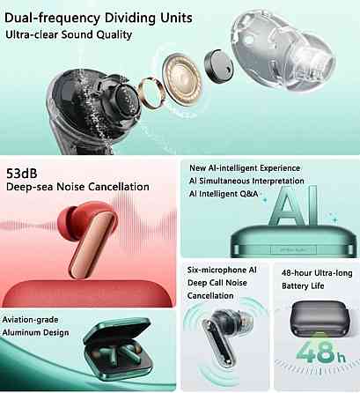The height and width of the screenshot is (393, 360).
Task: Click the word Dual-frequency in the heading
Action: click(52, 19)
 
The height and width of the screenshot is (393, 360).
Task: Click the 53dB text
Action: click(22, 174)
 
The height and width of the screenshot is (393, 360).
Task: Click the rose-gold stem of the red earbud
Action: click(91, 245)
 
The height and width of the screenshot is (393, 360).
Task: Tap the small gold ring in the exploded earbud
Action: click(150, 93)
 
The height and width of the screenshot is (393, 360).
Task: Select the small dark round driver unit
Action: click(218, 65)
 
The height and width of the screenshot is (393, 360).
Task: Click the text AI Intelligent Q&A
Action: click(224, 194)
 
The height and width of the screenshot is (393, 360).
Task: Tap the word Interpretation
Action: click(278, 181)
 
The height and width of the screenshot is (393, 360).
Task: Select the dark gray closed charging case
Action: click(318, 318)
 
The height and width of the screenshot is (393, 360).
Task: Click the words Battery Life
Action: click(303, 285)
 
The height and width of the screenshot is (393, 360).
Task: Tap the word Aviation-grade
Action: click(30, 320)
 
